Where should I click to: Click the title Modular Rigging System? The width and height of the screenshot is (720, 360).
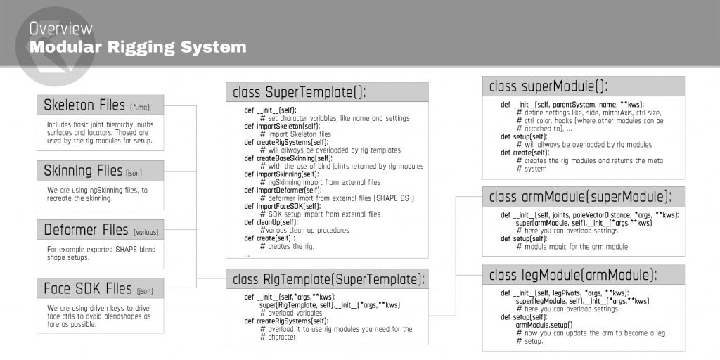tap(138, 48)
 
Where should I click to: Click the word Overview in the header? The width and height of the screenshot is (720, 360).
tap(61, 29)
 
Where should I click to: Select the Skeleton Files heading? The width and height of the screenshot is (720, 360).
tap(84, 105)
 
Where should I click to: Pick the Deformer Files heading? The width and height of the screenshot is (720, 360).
tap(85, 230)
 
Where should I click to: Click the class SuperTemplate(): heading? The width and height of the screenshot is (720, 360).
tap(300, 92)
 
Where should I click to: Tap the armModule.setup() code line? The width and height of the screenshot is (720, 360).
tap(544, 325)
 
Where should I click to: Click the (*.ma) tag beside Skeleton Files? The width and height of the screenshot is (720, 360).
tap(146, 108)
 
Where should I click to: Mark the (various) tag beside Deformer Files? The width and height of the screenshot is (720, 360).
tap(146, 231)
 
